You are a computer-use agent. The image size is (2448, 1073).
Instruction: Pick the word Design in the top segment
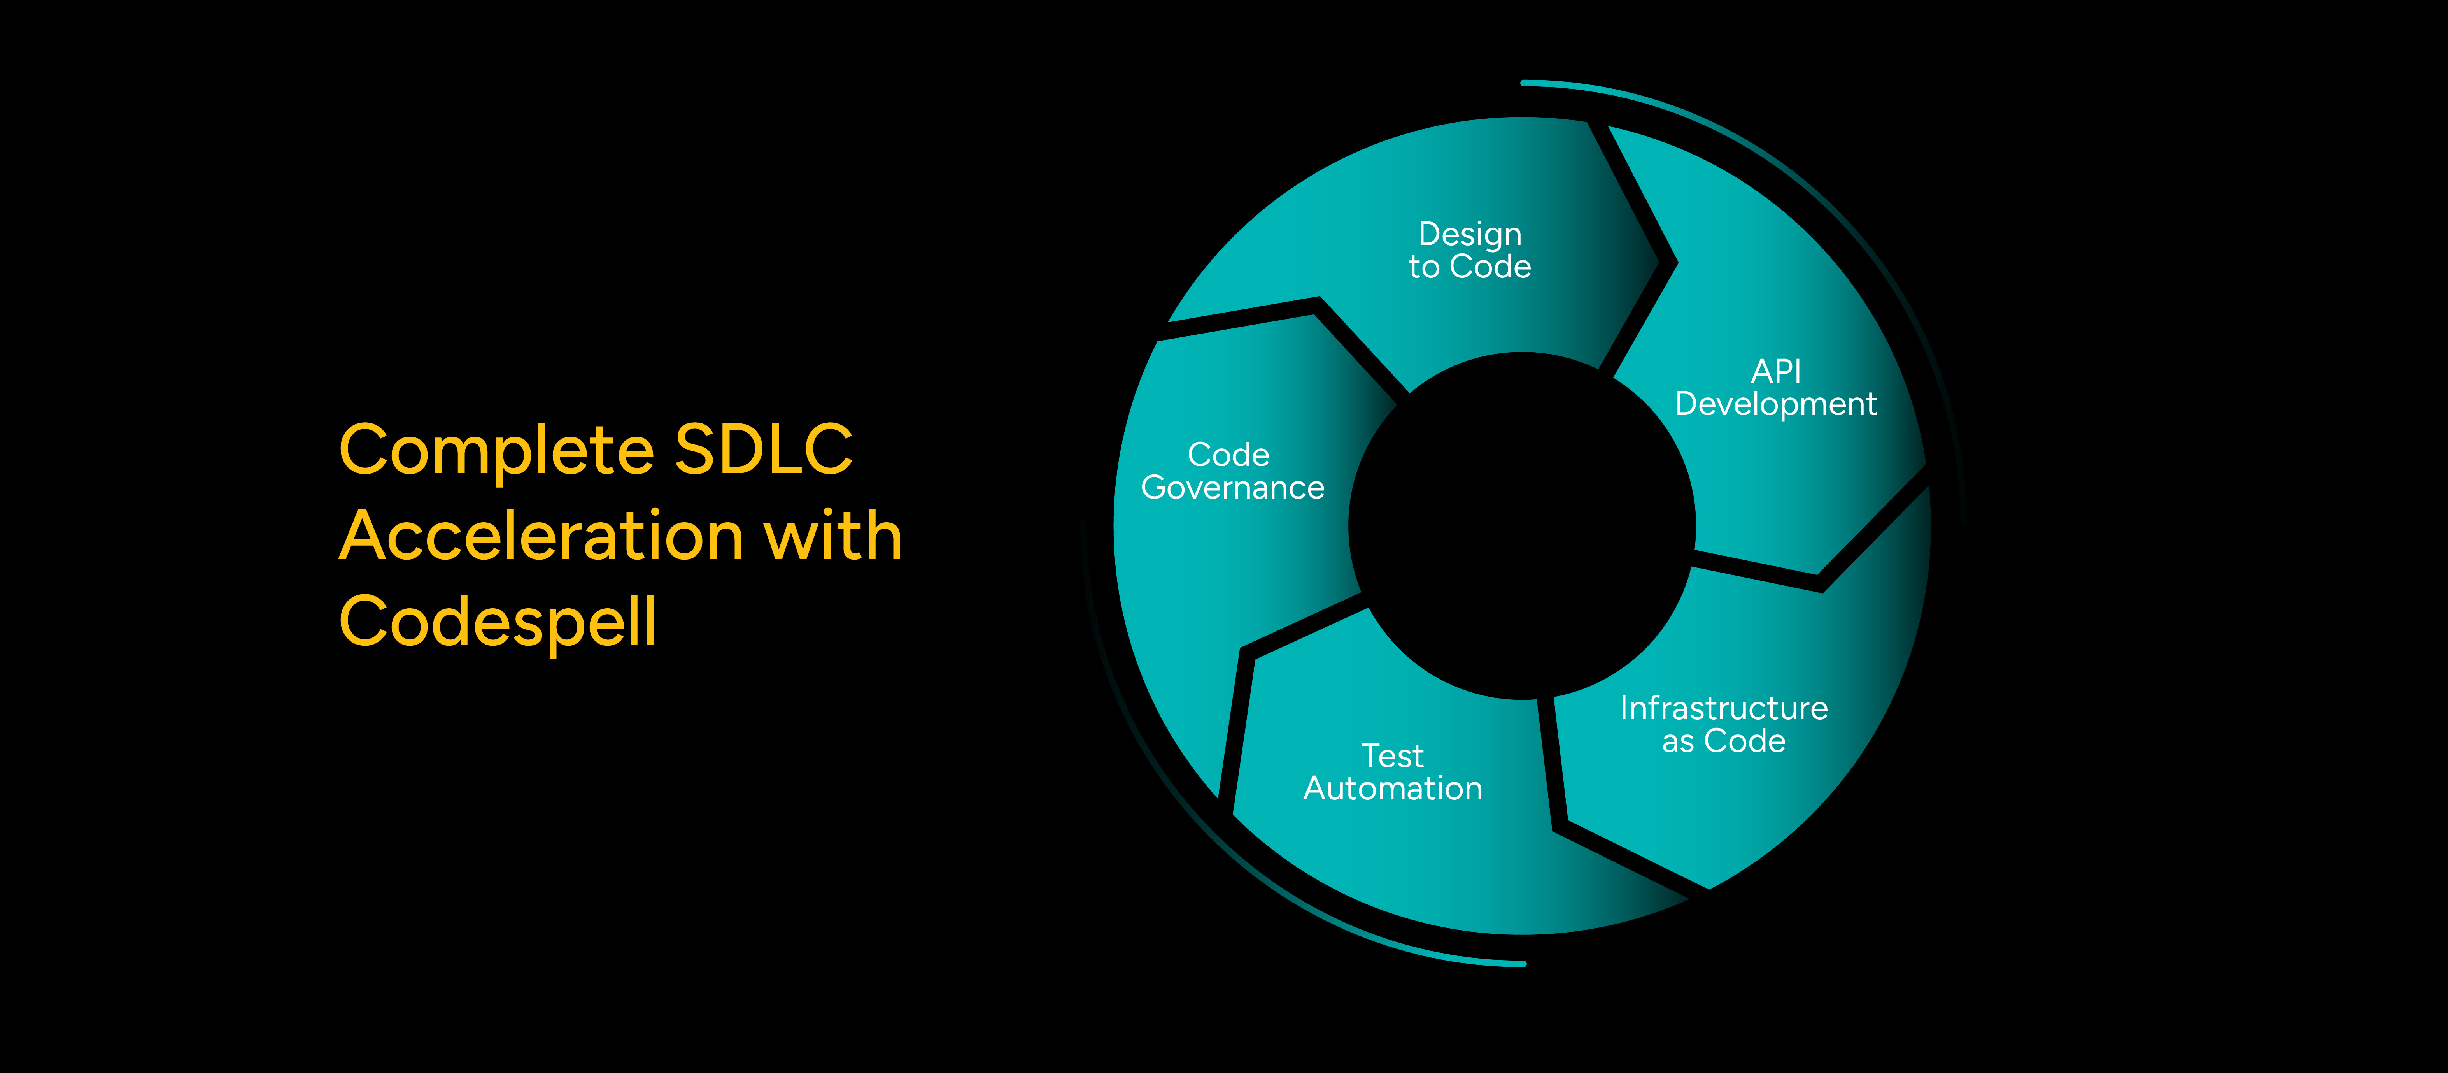(1469, 234)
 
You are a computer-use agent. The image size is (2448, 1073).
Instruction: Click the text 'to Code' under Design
(1469, 267)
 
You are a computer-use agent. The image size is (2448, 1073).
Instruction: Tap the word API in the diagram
(1775, 371)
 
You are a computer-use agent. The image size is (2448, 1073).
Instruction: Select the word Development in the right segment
(1775, 404)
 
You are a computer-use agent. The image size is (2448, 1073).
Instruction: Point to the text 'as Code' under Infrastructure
(1723, 741)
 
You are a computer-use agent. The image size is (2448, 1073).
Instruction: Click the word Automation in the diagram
(1392, 789)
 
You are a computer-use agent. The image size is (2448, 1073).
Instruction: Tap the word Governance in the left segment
(1232, 488)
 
